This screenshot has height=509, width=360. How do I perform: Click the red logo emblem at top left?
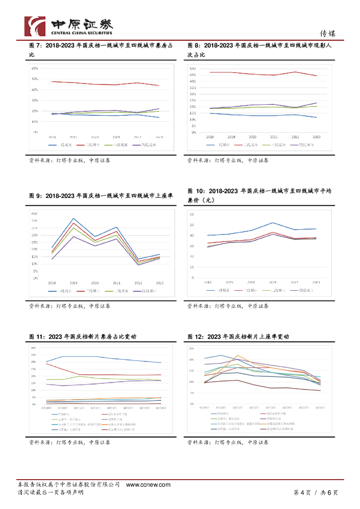click(35, 26)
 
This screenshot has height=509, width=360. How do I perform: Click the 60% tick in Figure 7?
click(34, 68)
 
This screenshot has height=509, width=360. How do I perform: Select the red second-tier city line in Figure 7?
click(104, 83)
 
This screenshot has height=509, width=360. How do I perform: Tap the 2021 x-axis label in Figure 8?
click(274, 136)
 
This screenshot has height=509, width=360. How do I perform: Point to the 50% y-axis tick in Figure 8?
click(194, 68)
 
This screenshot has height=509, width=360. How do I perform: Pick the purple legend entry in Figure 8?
click(305, 145)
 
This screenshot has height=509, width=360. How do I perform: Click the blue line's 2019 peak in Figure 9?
click(74, 218)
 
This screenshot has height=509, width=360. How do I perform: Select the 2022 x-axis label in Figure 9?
click(138, 282)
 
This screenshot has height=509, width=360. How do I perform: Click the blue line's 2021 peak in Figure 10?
click(273, 222)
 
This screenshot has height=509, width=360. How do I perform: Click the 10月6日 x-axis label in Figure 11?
click(160, 408)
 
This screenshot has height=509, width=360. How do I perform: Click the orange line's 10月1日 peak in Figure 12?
click(238, 355)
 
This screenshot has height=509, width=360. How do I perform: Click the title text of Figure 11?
click(83, 337)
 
